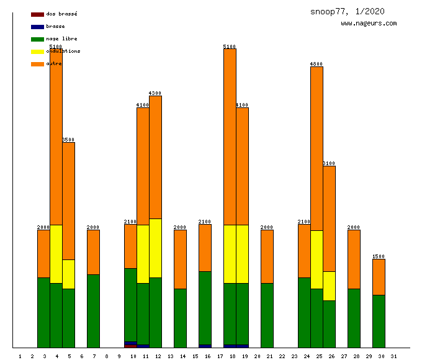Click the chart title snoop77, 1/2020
coord(348,11)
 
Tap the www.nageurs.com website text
coord(369,24)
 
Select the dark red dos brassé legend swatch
coord(37,14)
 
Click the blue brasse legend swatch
coord(37,27)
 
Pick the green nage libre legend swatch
coord(37,39)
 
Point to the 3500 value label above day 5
coord(68,140)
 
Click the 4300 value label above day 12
coord(155,93)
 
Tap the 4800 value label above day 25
coord(316,64)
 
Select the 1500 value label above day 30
coord(379,256)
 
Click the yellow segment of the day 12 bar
coord(155,248)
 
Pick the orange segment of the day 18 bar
coord(230,137)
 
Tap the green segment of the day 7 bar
coord(93,310)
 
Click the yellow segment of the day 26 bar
coord(329,286)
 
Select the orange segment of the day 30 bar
coord(379,277)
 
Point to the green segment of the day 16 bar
coord(205,307)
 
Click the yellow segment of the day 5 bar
coord(68,274)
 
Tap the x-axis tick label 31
coord(393,356)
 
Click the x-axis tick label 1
coord(20,356)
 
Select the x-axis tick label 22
coord(282,356)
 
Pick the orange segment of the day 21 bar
coord(267,256)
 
